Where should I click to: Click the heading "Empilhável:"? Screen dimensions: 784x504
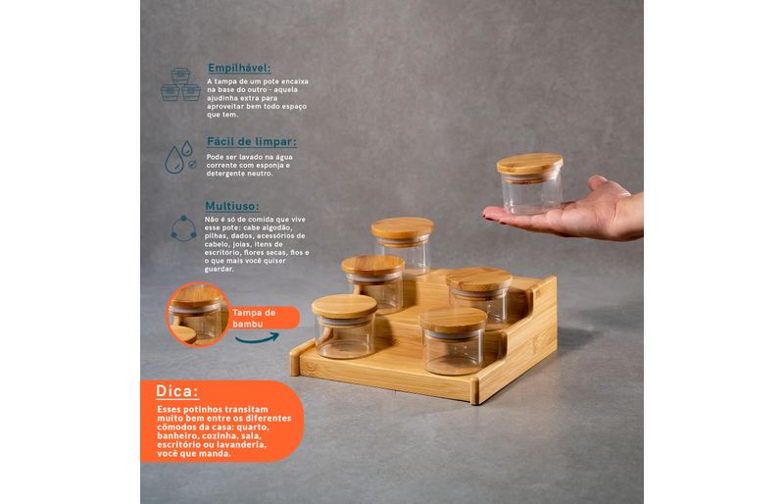point(239,68)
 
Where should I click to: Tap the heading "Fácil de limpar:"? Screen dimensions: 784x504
point(252,141)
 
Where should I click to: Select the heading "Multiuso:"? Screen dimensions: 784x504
point(232,206)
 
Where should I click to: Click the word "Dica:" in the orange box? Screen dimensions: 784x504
point(177,391)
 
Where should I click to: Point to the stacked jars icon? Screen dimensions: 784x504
point(180,84)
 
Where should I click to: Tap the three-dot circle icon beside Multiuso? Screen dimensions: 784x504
point(183,228)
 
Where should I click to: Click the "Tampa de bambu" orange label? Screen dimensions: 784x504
point(264,318)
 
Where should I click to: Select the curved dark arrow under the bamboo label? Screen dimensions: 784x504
point(257,338)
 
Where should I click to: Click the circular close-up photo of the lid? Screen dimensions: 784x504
point(198,315)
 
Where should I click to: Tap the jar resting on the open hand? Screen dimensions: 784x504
point(530,183)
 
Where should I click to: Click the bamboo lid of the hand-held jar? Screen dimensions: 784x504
point(530,165)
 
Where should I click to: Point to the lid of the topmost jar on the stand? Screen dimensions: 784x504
point(402,228)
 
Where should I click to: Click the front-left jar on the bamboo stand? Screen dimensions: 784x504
point(345,327)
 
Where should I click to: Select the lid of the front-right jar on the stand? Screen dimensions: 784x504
point(453,320)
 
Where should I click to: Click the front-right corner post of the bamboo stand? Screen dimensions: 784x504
point(475,390)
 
